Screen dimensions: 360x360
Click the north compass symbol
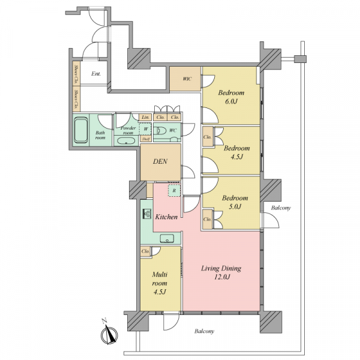pyautogui.click(x=109, y=334)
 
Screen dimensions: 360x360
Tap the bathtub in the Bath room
pyautogui.click(x=81, y=130)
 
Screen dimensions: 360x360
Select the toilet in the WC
pyautogui.click(x=160, y=131)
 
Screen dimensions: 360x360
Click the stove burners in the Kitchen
pyautogui.click(x=147, y=214)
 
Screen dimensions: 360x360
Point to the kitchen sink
pyautogui.click(x=167, y=239)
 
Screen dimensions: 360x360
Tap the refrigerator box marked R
pyautogui.click(x=175, y=190)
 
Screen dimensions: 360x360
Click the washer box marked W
pyautogui.click(x=146, y=129)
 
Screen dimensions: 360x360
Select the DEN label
pyautogui.click(x=160, y=161)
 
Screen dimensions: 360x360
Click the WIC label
pyautogui.click(x=187, y=79)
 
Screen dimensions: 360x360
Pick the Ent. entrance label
pyautogui.click(x=96, y=74)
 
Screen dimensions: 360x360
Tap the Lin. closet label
pyautogui.click(x=145, y=118)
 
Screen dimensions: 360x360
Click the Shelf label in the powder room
pyautogui.click(x=146, y=139)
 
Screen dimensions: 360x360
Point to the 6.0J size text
pyautogui.click(x=231, y=101)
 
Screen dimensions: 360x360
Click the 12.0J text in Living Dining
pyautogui.click(x=222, y=277)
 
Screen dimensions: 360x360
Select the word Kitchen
pyautogui.click(x=166, y=217)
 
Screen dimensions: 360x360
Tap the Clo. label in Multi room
pyautogui.click(x=145, y=251)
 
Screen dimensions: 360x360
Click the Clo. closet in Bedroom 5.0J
pyautogui.click(x=208, y=219)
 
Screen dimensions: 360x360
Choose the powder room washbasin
pyautogui.click(x=126, y=141)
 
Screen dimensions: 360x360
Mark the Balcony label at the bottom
pyautogui.click(x=205, y=331)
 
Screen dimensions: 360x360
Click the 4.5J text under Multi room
pyautogui.click(x=160, y=292)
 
